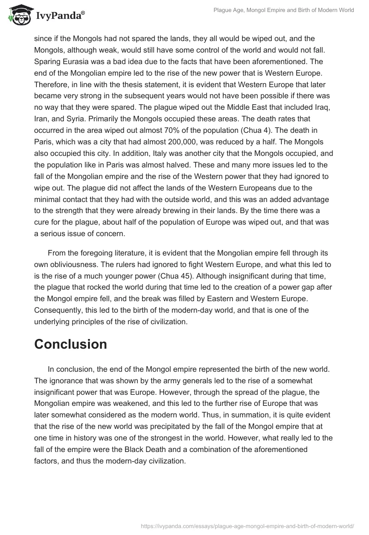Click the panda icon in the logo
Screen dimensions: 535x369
(x=19, y=16)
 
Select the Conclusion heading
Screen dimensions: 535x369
(x=71, y=344)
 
